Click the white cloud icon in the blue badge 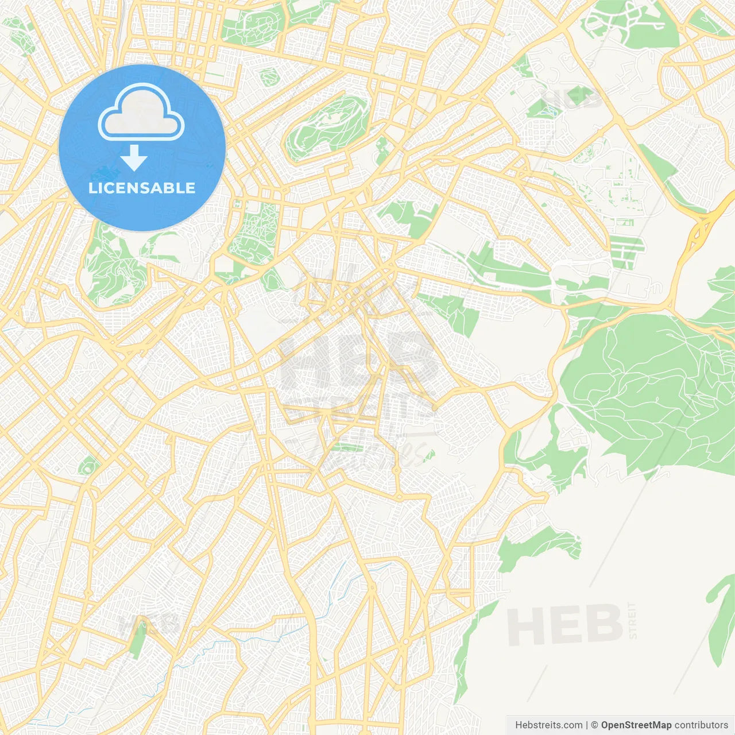click(141, 113)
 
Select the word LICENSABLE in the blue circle click(142, 188)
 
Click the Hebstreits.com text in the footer click(548, 725)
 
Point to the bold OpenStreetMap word click(636, 725)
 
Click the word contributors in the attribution click(701, 725)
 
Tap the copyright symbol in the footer click(594, 725)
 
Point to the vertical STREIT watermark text click(633, 621)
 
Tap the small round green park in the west click(87, 466)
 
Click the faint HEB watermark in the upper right click(571, 99)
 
